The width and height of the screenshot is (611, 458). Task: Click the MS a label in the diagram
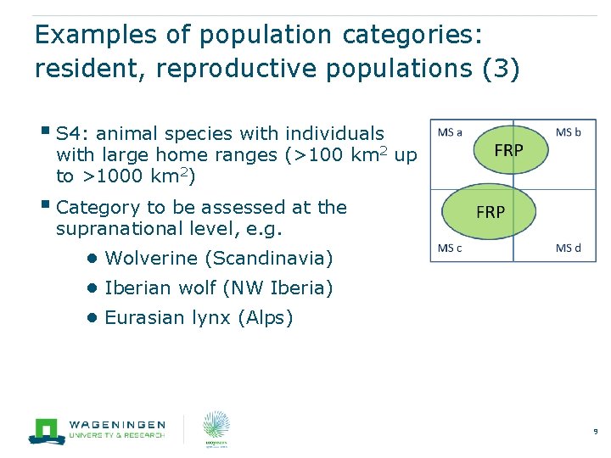[x=450, y=131]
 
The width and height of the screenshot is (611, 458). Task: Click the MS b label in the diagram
[x=569, y=131]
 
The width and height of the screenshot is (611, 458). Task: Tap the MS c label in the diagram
[x=450, y=248]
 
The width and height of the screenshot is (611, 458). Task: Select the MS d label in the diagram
[x=569, y=248]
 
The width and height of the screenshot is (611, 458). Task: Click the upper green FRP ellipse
[x=508, y=149]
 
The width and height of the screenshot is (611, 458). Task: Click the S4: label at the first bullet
[x=71, y=134]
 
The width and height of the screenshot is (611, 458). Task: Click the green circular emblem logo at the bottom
[x=216, y=429]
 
